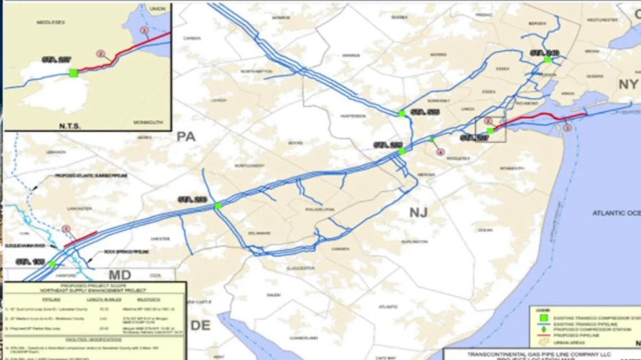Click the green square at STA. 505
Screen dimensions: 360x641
[401, 113]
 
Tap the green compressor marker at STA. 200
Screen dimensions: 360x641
[218, 205]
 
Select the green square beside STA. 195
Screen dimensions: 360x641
[52, 264]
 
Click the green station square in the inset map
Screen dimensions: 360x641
[74, 72]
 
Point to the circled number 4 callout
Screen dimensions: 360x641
[441, 152]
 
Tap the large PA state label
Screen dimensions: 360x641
[186, 136]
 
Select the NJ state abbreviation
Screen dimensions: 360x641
[419, 212]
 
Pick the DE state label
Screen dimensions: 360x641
[201, 326]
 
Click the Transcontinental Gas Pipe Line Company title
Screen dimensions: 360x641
[543, 352]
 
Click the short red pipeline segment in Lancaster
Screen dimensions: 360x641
[80, 240]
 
